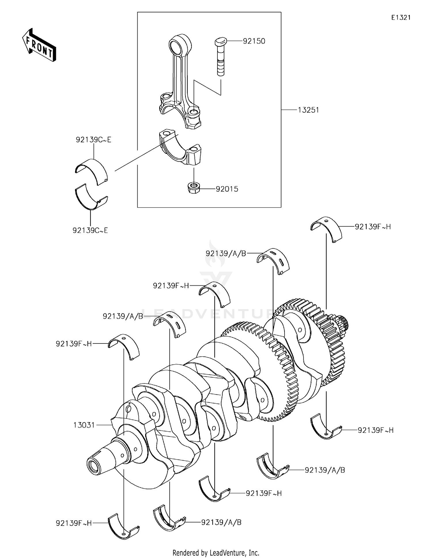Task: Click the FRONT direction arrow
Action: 39,45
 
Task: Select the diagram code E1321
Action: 401,18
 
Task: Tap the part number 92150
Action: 254,41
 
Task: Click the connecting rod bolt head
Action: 221,41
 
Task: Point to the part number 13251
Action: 308,110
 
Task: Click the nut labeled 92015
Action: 194,188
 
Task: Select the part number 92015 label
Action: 227,189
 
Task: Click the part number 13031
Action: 84,425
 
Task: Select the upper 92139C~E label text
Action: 93,140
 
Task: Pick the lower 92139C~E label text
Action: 90,230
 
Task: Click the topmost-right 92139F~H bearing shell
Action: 326,229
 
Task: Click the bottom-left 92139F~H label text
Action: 73,523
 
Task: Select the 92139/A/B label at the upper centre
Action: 226,253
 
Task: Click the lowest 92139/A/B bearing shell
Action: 168,521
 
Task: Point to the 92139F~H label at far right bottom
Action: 376,430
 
